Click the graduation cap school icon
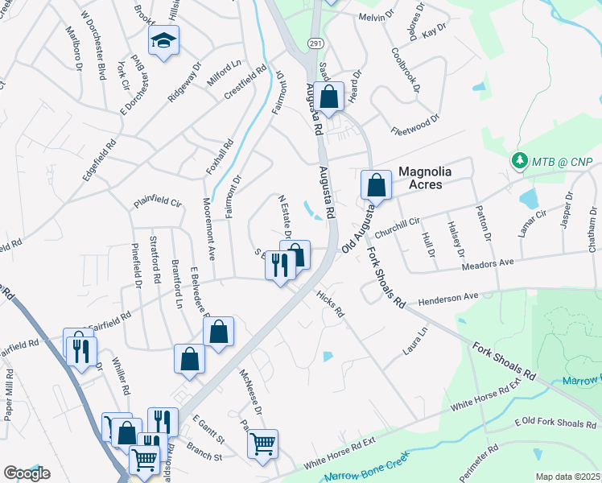point(163,41)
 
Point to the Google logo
point(27,473)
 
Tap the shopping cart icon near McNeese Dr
point(262,444)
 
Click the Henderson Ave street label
point(447,298)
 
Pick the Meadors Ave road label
point(488,263)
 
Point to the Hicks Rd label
point(330,303)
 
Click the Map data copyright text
point(567,477)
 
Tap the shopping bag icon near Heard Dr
point(329,97)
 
